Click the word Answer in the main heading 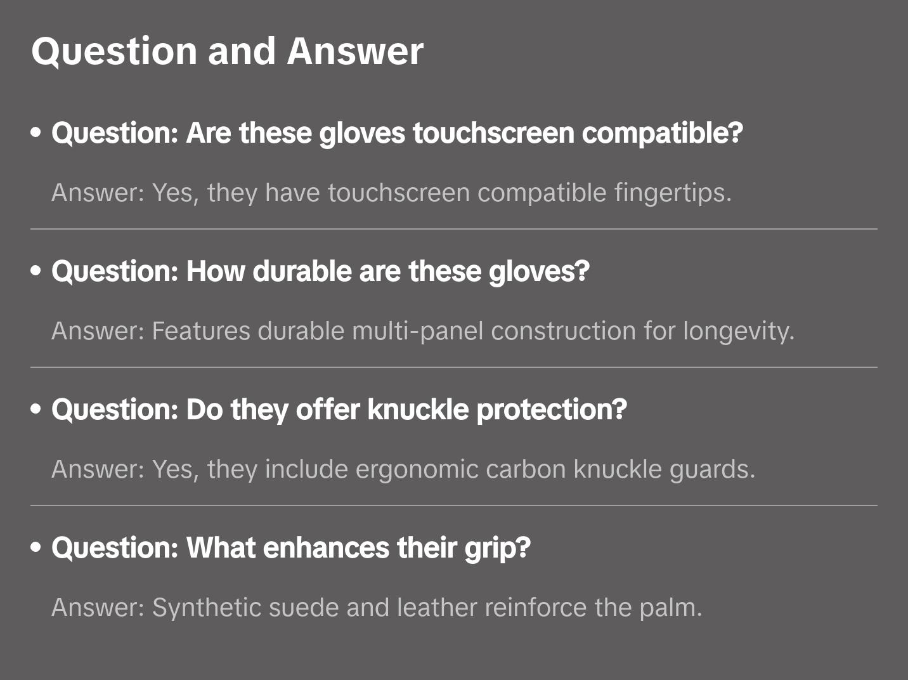tap(355, 51)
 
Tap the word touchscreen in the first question tap(493, 133)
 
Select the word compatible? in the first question tap(662, 134)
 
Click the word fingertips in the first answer tap(673, 193)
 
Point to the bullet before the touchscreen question tap(36, 133)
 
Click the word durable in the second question tap(302, 271)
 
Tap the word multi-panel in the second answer tap(418, 332)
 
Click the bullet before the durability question tap(36, 270)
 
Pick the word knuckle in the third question tap(418, 410)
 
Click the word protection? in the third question tap(552, 410)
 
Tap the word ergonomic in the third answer tap(417, 470)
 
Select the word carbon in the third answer tap(526, 469)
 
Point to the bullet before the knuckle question tap(36, 409)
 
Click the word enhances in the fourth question tap(327, 547)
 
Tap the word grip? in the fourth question tap(498, 549)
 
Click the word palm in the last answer tap(671, 608)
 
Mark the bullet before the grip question tap(36, 547)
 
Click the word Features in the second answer tap(201, 331)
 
